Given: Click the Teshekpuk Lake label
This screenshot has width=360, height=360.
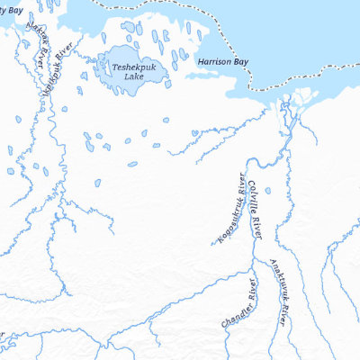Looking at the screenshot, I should coord(132,71).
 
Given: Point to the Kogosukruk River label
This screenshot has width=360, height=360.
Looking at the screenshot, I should coord(229,208).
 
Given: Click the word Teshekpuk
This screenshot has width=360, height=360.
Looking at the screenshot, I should coord(132,66).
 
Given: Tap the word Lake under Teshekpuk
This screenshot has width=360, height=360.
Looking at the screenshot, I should coord(132,77).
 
